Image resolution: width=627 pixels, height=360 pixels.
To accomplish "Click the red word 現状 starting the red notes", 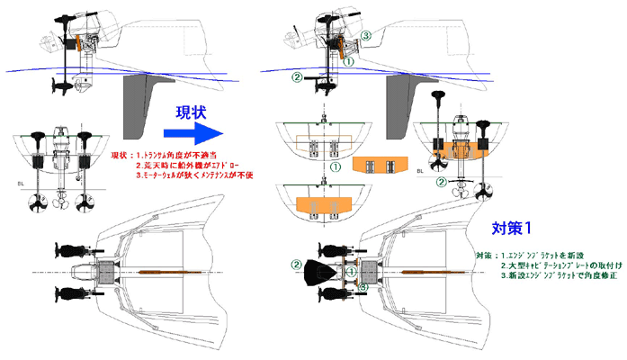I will [120, 156].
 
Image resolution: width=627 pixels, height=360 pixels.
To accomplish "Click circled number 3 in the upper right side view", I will [366, 35].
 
